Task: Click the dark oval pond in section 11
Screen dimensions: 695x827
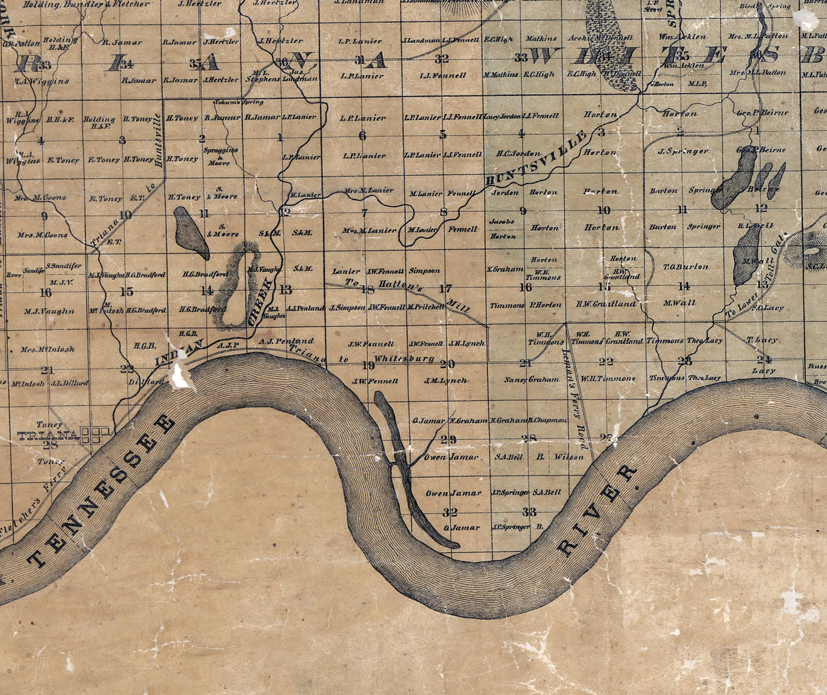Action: (x=191, y=233)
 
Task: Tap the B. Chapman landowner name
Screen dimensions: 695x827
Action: (x=547, y=420)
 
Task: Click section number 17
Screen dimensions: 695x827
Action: (x=446, y=288)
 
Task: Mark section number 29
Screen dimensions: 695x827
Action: (x=448, y=439)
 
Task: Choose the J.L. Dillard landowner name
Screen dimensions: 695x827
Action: (x=69, y=383)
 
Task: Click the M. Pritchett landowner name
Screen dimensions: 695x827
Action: (x=426, y=307)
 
